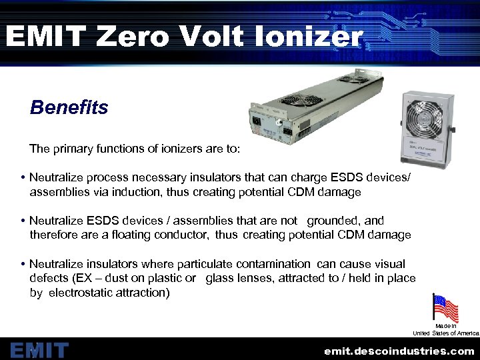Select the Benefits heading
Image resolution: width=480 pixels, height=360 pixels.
click(69, 107)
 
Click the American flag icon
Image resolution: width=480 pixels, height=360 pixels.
click(445, 309)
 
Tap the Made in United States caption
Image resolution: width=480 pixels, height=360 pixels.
click(445, 329)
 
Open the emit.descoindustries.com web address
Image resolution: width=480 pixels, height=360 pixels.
click(399, 351)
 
